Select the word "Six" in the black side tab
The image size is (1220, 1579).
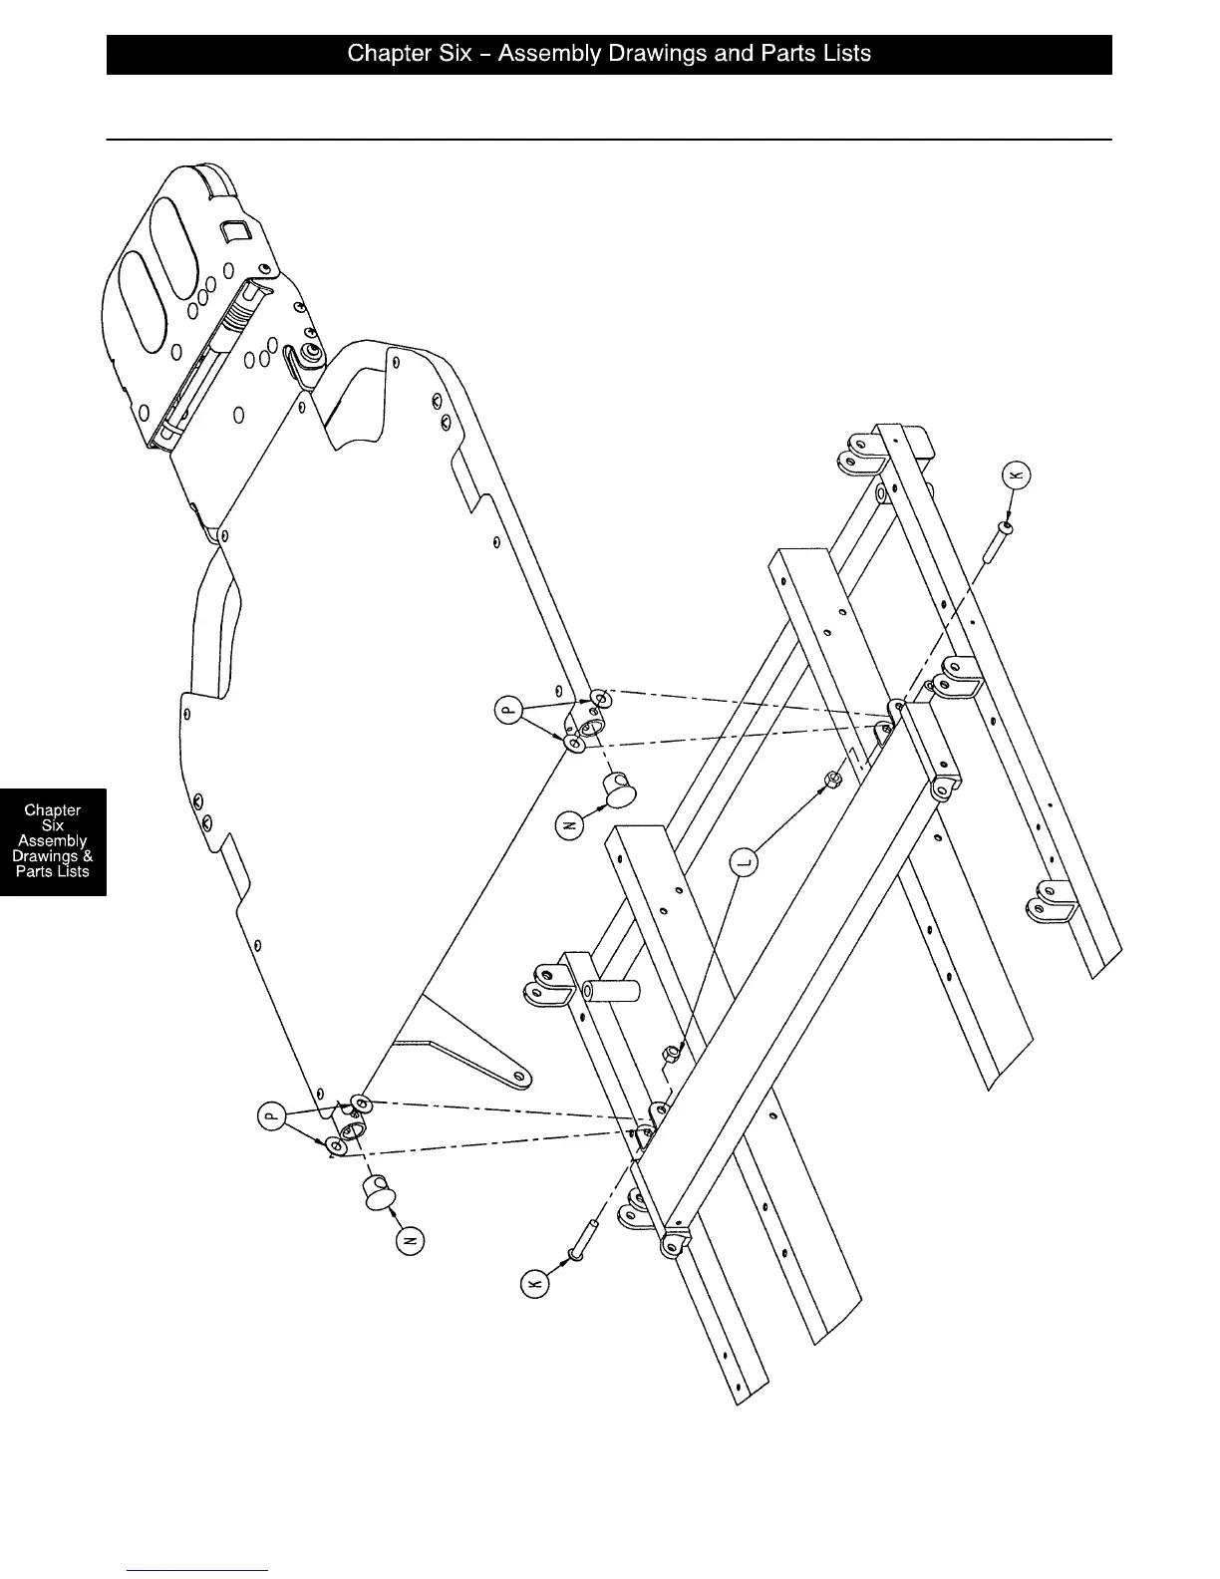click(x=53, y=825)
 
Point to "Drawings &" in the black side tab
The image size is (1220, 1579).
click(x=53, y=856)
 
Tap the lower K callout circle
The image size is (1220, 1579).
click(x=536, y=1284)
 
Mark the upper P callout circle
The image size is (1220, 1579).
click(x=509, y=710)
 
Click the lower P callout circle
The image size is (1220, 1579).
click(x=270, y=1115)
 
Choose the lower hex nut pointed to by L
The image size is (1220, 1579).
click(x=673, y=1053)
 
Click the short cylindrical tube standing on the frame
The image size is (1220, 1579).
click(x=612, y=995)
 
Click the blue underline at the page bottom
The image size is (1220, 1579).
click(x=197, y=1570)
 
